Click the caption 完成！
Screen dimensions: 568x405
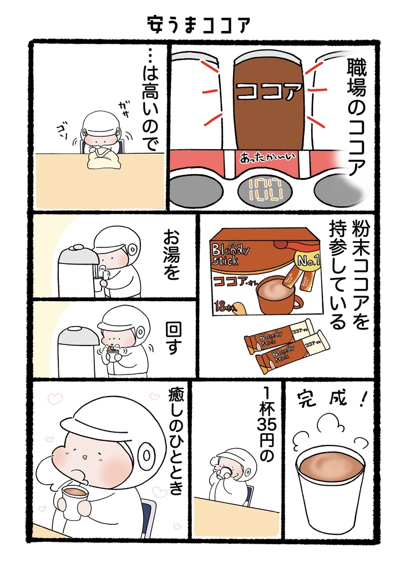point(328,398)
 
